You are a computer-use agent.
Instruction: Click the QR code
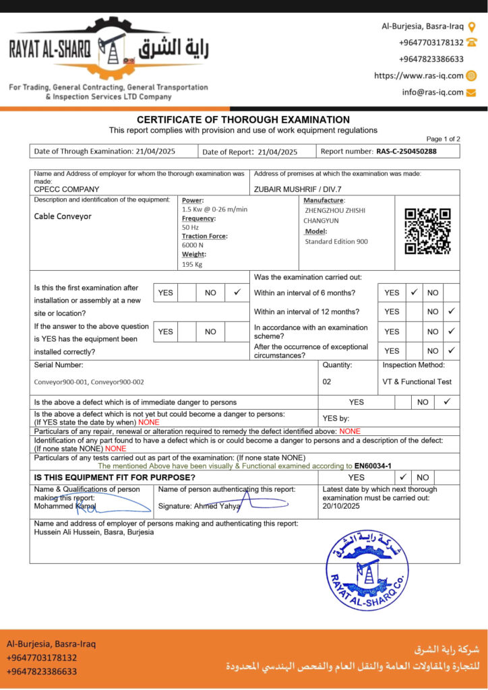click(x=427, y=231)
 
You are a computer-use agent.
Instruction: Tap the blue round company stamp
click(x=367, y=570)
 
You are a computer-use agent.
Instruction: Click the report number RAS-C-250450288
click(x=406, y=152)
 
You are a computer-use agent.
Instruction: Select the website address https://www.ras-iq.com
click(x=419, y=76)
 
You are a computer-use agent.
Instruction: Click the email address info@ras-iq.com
click(x=433, y=92)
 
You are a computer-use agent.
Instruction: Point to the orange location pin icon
click(x=472, y=27)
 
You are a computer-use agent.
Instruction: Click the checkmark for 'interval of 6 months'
click(x=414, y=293)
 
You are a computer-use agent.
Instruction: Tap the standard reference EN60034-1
click(x=373, y=466)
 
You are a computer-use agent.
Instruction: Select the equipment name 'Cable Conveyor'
click(x=63, y=216)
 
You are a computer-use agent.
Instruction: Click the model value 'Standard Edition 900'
click(x=336, y=241)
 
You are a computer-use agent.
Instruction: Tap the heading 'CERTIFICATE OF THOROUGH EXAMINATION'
click(x=243, y=119)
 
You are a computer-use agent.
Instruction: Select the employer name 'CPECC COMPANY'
click(x=67, y=189)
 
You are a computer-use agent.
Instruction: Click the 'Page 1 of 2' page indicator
click(x=443, y=139)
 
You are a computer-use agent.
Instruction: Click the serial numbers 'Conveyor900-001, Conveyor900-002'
click(x=89, y=382)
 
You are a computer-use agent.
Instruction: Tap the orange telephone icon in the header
click(x=472, y=42)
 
